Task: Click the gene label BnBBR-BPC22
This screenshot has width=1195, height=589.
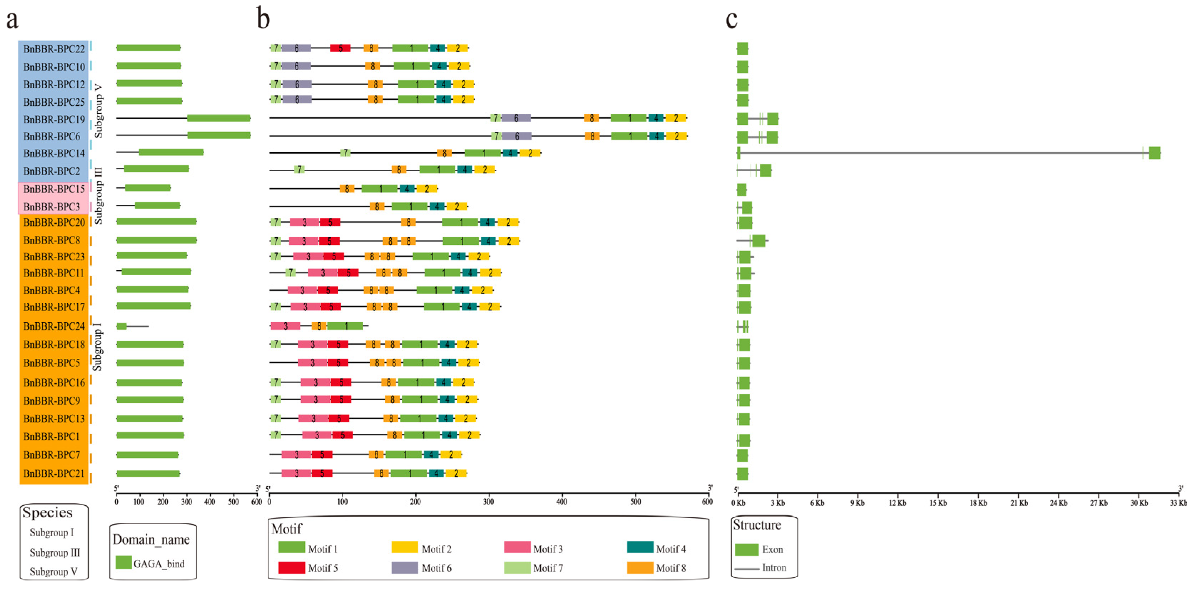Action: (54, 49)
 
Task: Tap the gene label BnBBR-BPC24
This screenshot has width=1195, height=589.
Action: (54, 326)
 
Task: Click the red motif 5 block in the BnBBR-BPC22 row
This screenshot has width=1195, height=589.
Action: (340, 48)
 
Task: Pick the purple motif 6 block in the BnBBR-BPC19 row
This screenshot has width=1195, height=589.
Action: (516, 118)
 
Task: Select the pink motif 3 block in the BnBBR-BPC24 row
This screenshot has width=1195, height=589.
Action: (285, 326)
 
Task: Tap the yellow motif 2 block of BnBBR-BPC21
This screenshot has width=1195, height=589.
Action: (456, 474)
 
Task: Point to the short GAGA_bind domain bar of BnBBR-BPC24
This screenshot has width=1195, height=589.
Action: (122, 326)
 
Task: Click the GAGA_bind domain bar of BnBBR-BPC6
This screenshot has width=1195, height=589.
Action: (219, 135)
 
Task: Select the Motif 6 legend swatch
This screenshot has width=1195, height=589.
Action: (405, 568)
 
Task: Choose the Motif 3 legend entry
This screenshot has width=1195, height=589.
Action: (533, 549)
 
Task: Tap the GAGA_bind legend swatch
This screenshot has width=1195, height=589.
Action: (124, 563)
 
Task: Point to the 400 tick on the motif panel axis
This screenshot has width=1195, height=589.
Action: (562, 501)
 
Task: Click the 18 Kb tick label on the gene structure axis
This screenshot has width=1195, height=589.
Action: (978, 503)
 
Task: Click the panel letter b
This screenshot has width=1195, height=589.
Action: (263, 20)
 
